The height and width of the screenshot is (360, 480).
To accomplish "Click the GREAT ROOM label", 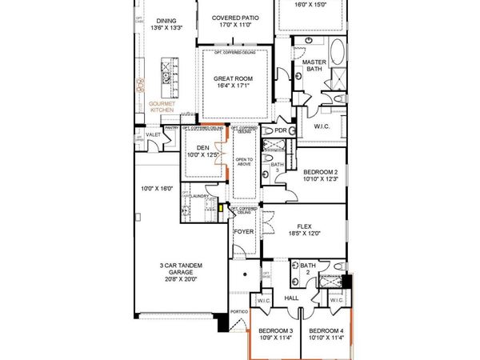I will click(x=233, y=79).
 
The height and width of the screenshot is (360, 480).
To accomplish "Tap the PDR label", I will click(x=281, y=131).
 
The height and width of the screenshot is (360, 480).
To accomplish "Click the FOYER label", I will click(x=243, y=233).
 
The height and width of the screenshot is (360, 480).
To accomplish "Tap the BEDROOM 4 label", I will click(x=326, y=330).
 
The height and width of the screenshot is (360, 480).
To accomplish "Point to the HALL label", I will click(x=292, y=297).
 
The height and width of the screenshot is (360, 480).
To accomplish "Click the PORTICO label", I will click(x=238, y=311).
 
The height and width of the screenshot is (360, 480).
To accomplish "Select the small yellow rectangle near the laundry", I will click(x=221, y=206).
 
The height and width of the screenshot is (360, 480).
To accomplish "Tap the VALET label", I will click(x=153, y=135).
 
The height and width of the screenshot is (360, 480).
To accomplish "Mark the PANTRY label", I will click(x=171, y=127).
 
